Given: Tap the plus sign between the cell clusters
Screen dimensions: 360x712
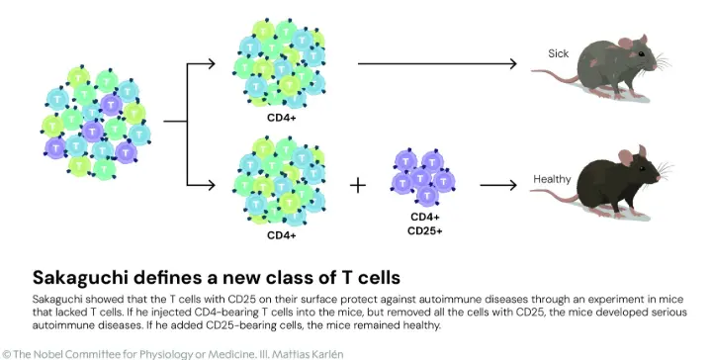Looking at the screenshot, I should [357, 184].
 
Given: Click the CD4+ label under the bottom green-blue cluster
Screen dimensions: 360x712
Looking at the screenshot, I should [281, 235].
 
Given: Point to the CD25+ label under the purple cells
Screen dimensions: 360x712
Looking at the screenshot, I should [425, 233].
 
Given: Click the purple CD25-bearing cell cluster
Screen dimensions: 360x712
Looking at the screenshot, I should [424, 177].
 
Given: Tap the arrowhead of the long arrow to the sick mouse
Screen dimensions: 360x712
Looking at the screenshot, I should [513, 64].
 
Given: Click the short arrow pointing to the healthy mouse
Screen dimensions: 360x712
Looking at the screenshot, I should [498, 185].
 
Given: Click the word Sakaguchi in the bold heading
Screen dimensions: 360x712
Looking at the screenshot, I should [78, 276].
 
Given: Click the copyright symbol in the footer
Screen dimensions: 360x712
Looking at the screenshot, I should [7, 352].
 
